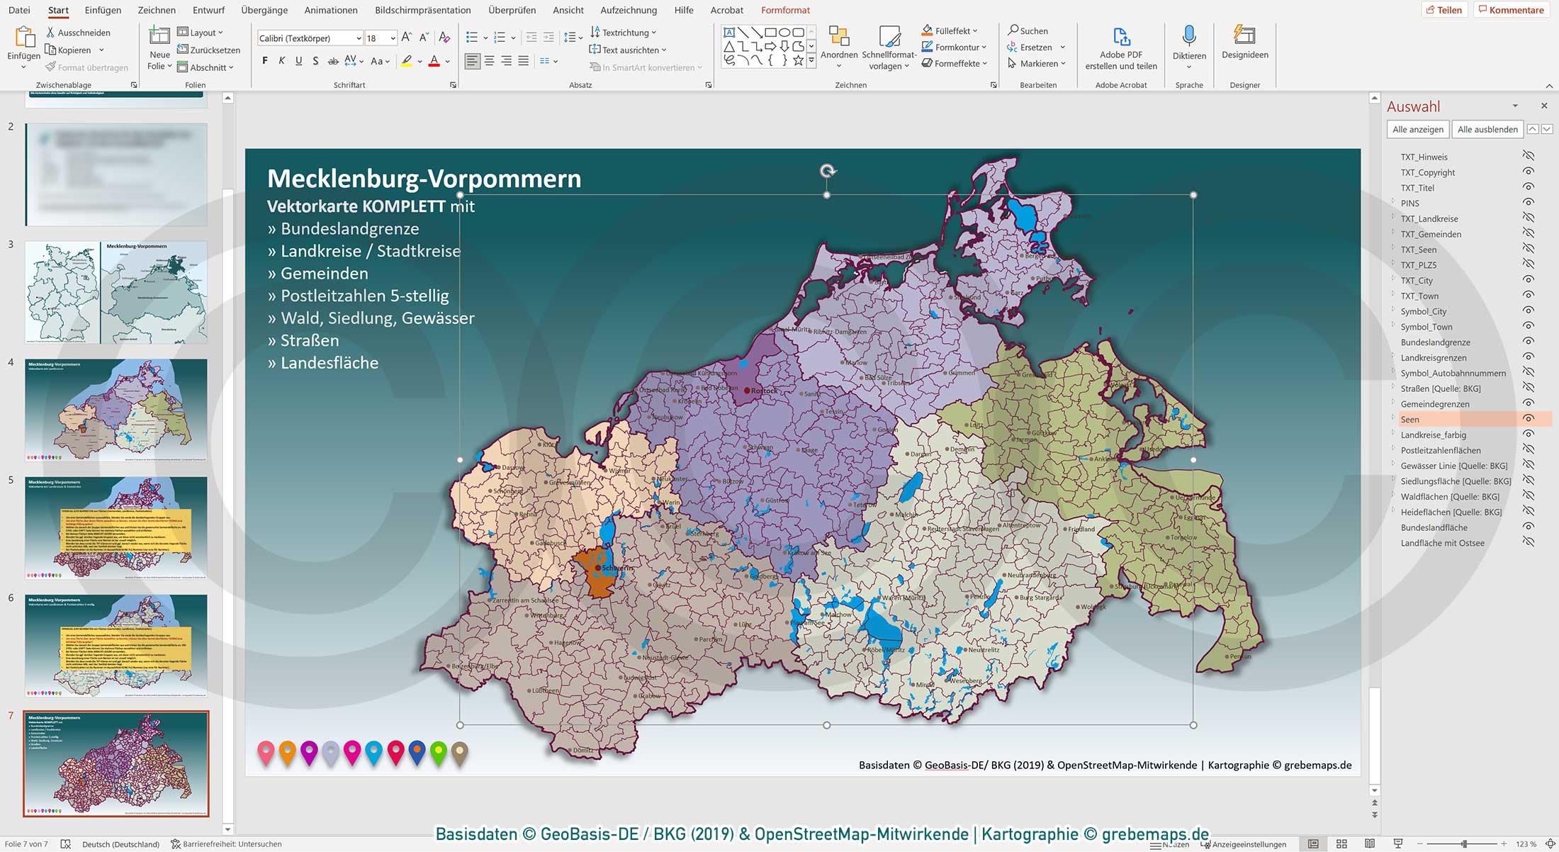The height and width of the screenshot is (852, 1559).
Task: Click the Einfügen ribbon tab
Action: click(103, 10)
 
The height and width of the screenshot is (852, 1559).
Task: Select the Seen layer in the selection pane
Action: click(1410, 420)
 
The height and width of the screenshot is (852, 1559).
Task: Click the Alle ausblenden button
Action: click(1487, 129)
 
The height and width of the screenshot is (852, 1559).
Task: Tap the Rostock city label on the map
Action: click(764, 391)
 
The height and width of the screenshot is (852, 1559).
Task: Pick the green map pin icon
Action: click(439, 752)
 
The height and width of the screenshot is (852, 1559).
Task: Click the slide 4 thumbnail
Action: click(116, 410)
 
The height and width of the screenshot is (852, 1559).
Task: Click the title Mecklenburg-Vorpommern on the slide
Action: click(424, 179)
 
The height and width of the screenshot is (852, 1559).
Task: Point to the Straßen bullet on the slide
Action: click(310, 340)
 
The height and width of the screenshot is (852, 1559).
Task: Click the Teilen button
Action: click(1443, 10)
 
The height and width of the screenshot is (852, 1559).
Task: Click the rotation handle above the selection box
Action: click(827, 171)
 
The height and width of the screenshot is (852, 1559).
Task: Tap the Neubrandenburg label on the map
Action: click(1031, 575)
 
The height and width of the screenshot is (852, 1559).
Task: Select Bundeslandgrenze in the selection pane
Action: click(1435, 342)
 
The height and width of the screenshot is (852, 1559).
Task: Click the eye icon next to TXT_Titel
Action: click(1529, 187)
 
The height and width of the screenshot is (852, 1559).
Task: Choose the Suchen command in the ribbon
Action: click(1028, 30)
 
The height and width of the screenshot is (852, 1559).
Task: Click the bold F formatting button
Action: click(265, 61)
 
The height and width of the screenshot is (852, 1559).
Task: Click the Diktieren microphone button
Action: click(1189, 44)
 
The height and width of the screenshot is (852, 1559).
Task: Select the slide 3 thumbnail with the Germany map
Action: click(116, 292)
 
